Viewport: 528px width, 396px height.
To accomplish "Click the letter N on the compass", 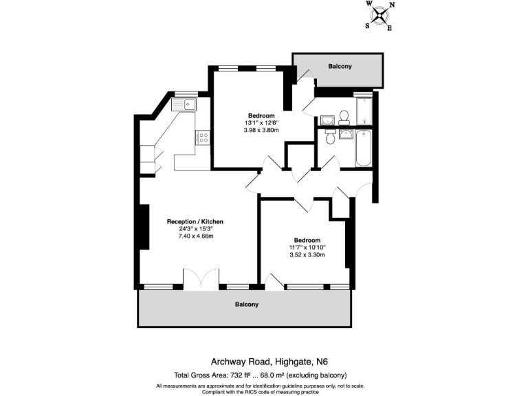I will tap(392, 5).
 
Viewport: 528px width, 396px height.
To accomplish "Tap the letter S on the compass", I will tap(368, 25).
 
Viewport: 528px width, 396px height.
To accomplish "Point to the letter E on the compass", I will tap(390, 28).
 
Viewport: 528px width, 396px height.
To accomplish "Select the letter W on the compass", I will tap(368, 3).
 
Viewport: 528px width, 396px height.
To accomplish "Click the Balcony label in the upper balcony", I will tap(340, 66).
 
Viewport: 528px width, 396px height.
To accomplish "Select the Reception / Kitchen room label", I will tap(195, 221).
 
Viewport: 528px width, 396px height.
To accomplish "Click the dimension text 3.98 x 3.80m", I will tap(261, 131).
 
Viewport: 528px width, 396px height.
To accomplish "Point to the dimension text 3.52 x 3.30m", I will tap(307, 255).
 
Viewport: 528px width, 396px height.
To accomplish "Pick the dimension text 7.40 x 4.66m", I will tap(195, 236).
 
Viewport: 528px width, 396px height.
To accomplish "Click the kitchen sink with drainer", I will tap(185, 104).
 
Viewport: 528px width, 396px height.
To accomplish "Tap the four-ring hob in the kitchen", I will tap(203, 136).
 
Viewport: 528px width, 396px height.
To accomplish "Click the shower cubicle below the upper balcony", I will tap(364, 109).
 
